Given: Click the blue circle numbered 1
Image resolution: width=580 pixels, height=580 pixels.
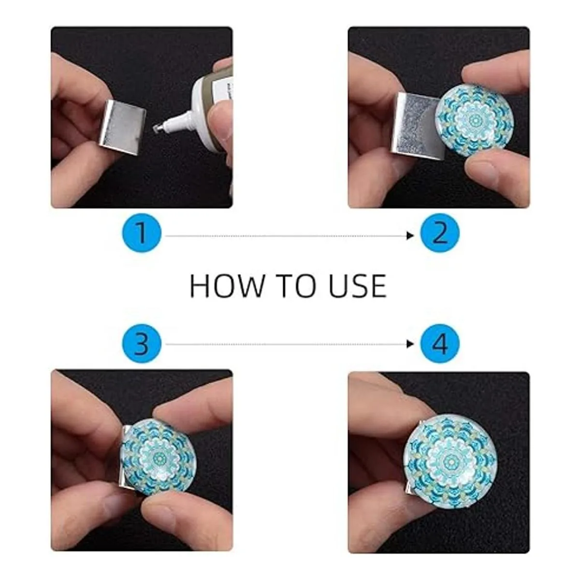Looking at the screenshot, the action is coord(142,233).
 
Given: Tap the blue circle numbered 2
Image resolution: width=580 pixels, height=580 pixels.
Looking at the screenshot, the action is coord(440,233).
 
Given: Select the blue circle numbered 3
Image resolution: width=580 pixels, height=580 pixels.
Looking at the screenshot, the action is coord(142,344).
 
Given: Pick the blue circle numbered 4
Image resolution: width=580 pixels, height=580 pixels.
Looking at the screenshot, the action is coord(440,344).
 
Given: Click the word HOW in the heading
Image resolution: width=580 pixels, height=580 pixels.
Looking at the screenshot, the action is coord(226,286).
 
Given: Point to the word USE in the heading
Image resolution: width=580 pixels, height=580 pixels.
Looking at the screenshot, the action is coord(358,286).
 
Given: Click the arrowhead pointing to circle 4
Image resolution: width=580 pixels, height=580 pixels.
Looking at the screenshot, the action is coord(410,344).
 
